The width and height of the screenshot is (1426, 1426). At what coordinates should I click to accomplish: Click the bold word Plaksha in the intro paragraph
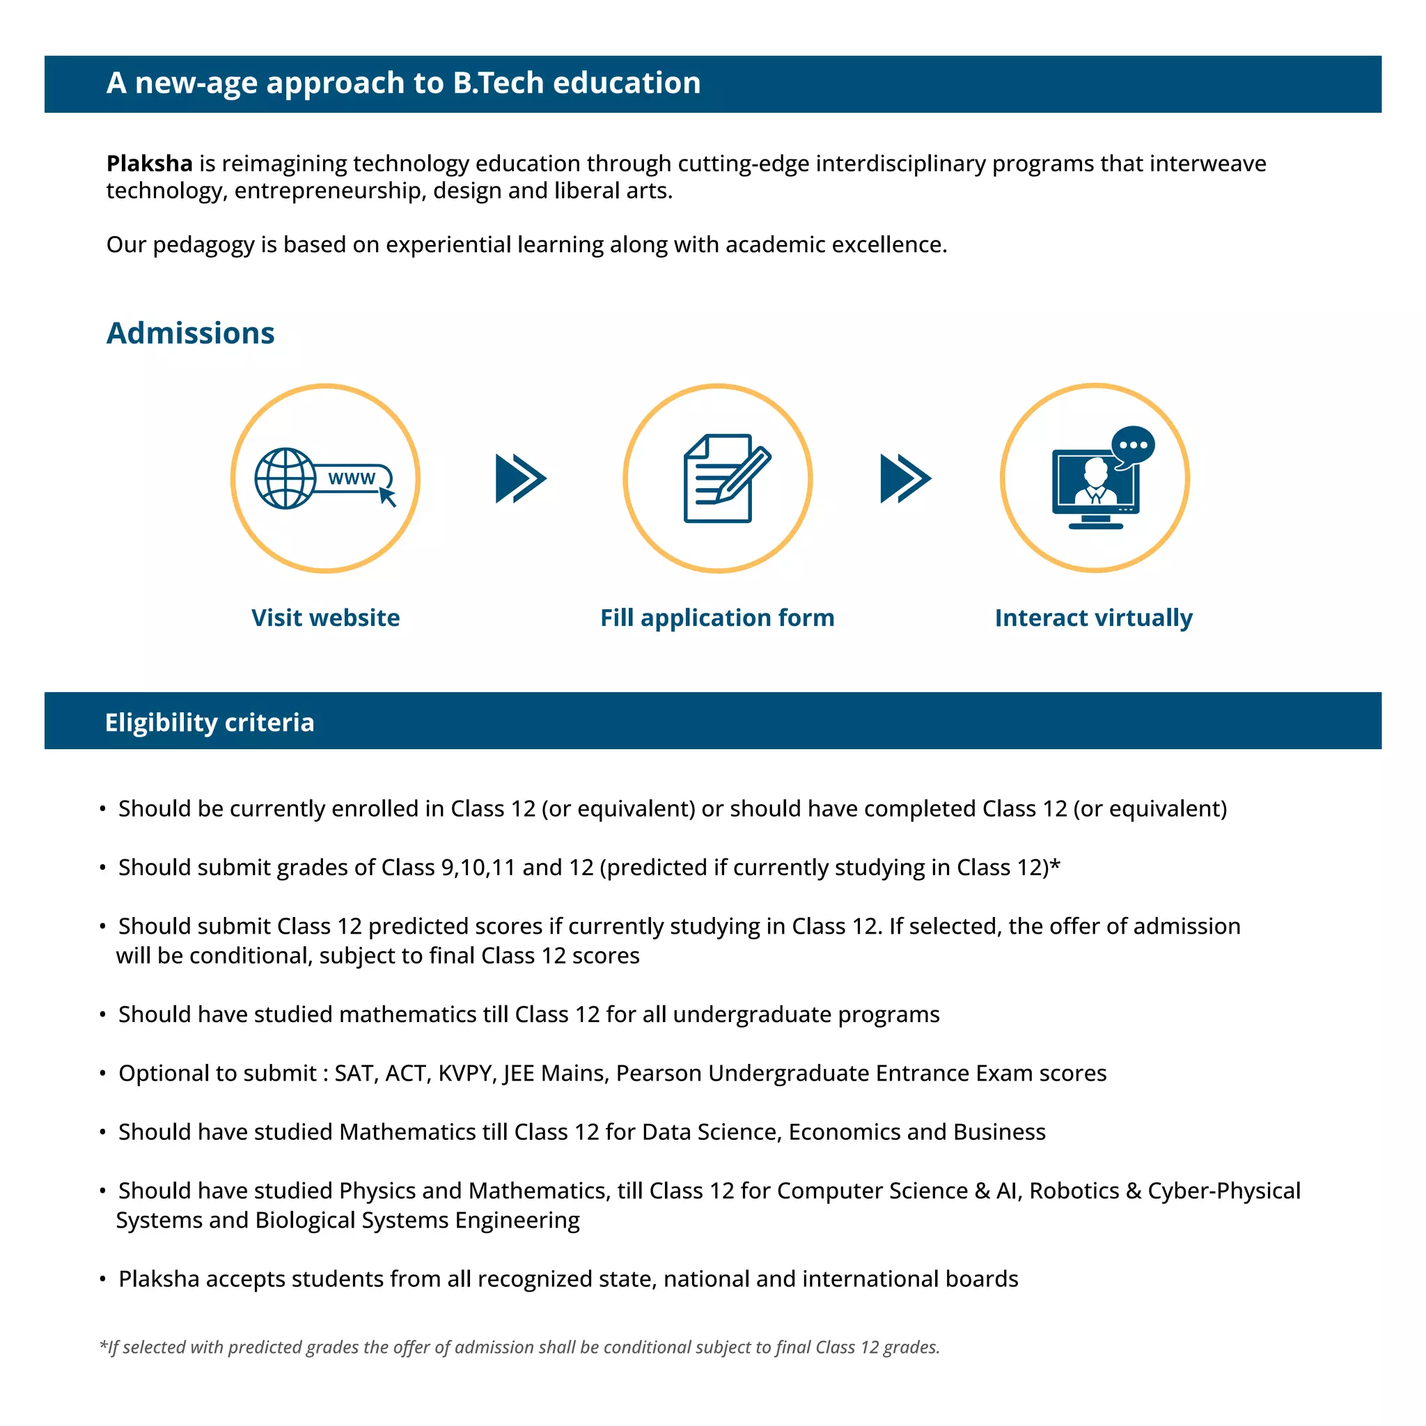click(149, 163)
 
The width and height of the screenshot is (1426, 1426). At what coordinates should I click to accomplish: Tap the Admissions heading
click(190, 333)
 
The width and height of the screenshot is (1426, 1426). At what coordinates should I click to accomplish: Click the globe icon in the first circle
click(285, 478)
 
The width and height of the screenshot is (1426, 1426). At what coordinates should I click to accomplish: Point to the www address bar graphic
click(353, 478)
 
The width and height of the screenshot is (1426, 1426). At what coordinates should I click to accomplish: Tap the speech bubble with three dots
click(1133, 445)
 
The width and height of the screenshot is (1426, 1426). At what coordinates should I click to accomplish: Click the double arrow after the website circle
click(521, 478)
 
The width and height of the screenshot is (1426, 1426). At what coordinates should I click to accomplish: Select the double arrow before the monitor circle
click(906, 478)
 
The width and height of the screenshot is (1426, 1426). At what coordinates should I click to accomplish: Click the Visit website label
click(325, 618)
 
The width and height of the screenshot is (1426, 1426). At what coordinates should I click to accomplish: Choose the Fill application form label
click(717, 618)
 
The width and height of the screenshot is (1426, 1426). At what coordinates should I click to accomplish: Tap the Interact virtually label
click(1093, 618)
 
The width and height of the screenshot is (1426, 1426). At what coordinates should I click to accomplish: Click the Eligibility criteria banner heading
click(210, 722)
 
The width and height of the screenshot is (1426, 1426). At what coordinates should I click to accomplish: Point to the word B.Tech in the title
click(499, 83)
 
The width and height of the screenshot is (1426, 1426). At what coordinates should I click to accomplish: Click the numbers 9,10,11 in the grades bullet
click(478, 868)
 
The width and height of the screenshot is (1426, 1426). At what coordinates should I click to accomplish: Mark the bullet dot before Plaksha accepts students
click(103, 1279)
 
